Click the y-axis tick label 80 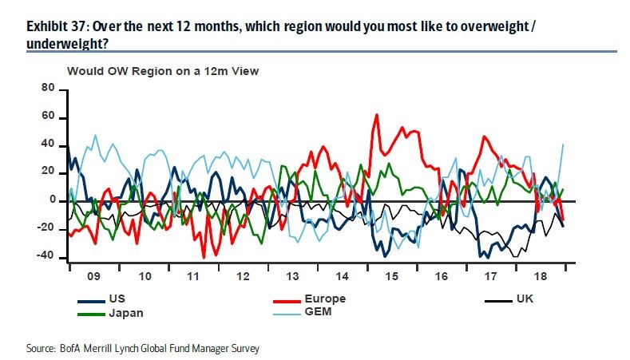(x=49, y=89)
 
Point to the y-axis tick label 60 (x=49, y=117)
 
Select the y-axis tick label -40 (x=46, y=256)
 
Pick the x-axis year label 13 (x=294, y=276)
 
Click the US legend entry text (x=117, y=299)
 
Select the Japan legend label (x=126, y=313)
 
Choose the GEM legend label (x=318, y=313)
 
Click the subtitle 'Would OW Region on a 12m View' (x=163, y=71)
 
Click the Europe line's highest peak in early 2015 (x=376, y=114)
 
